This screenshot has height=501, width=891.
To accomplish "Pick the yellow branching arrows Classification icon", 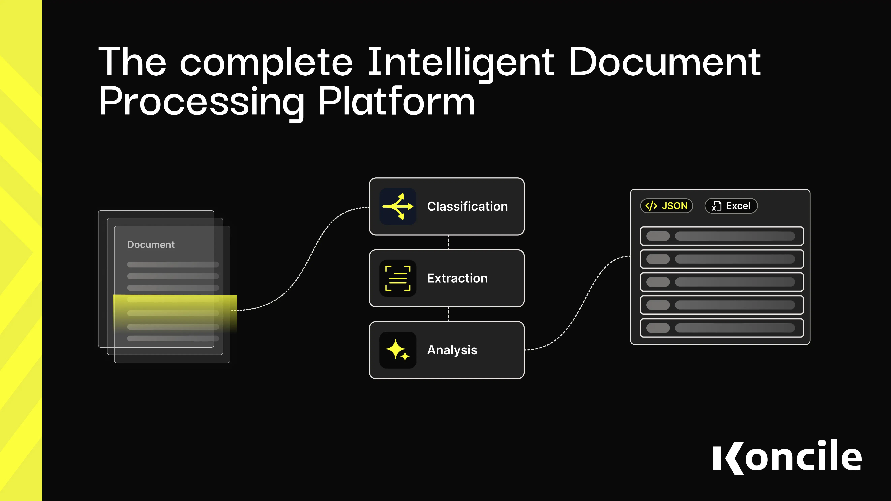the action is coord(398,206).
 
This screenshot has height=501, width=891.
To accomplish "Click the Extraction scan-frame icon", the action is coord(398,278).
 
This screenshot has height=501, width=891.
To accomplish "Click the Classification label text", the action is coord(467,206).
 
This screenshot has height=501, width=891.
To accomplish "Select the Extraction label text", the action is coord(457,278).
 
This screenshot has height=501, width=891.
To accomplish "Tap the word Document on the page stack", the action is coord(151,244).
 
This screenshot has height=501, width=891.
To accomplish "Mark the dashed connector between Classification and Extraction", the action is coord(449,242).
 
